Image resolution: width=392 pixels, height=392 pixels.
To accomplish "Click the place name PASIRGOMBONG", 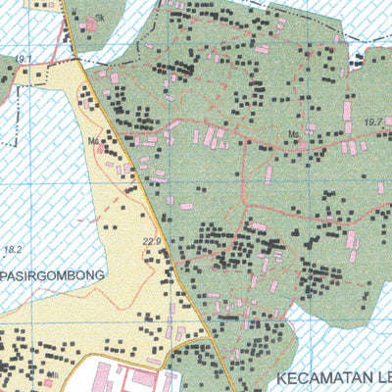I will point(53,276).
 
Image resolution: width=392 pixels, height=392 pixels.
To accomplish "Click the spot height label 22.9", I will point(150,240).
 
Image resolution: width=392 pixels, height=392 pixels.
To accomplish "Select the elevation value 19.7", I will point(372,122).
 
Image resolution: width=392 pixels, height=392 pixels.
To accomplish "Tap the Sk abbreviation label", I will point(99,18).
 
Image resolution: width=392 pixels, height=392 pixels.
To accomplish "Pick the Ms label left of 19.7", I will point(292,134).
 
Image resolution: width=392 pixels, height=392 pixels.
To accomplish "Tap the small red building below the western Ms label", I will point(100,150).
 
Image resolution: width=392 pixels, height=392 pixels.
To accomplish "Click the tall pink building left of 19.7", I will point(348,110).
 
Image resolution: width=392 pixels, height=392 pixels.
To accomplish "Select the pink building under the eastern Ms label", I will point(296,146).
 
